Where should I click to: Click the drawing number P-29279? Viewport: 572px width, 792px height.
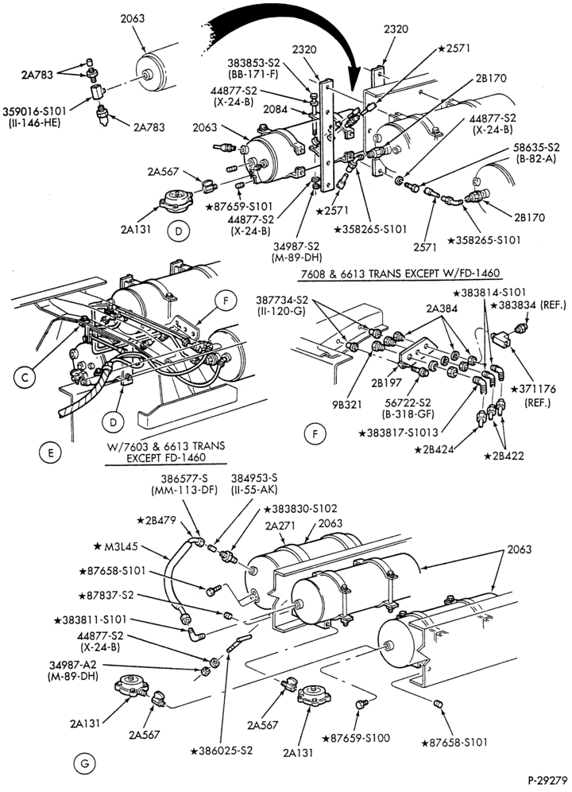pos(547,780)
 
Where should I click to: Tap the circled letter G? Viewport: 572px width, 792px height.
pos(85,763)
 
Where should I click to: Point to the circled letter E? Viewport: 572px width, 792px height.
pos(51,452)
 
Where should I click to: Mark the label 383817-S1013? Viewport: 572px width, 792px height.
pos(399,433)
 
